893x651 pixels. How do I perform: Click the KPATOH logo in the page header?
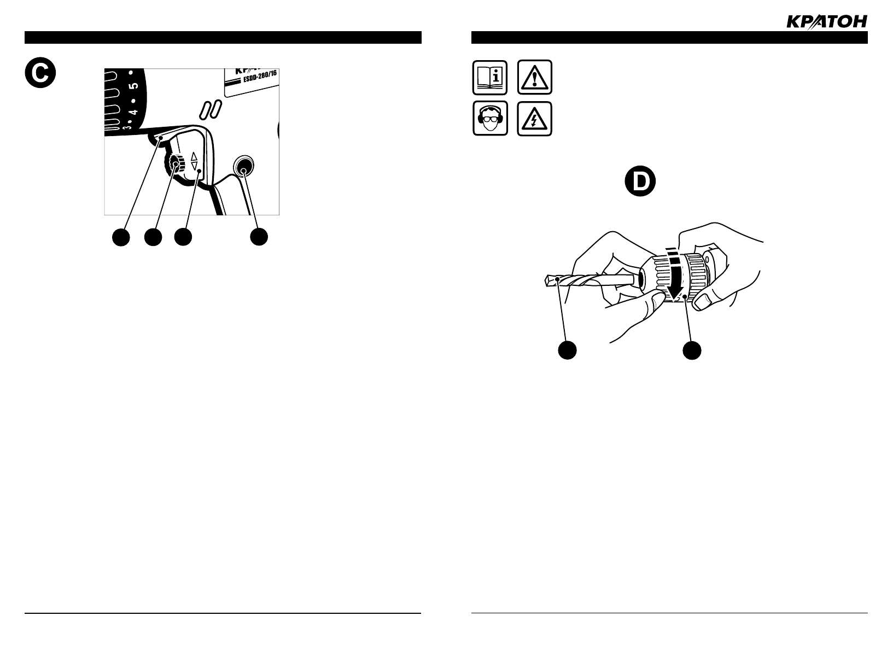coord(826,21)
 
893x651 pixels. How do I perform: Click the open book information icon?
coord(490,77)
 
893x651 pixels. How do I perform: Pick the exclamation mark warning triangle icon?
coord(534,77)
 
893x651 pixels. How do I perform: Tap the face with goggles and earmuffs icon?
coord(490,118)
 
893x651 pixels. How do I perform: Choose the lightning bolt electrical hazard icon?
coord(534,118)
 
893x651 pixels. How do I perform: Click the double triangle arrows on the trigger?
coord(194,161)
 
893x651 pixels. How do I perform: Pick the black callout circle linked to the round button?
coord(259,237)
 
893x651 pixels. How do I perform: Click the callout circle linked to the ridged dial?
coord(153,237)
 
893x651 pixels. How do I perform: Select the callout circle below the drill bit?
coord(568,350)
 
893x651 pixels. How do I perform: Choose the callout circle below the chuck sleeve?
coord(692,350)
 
